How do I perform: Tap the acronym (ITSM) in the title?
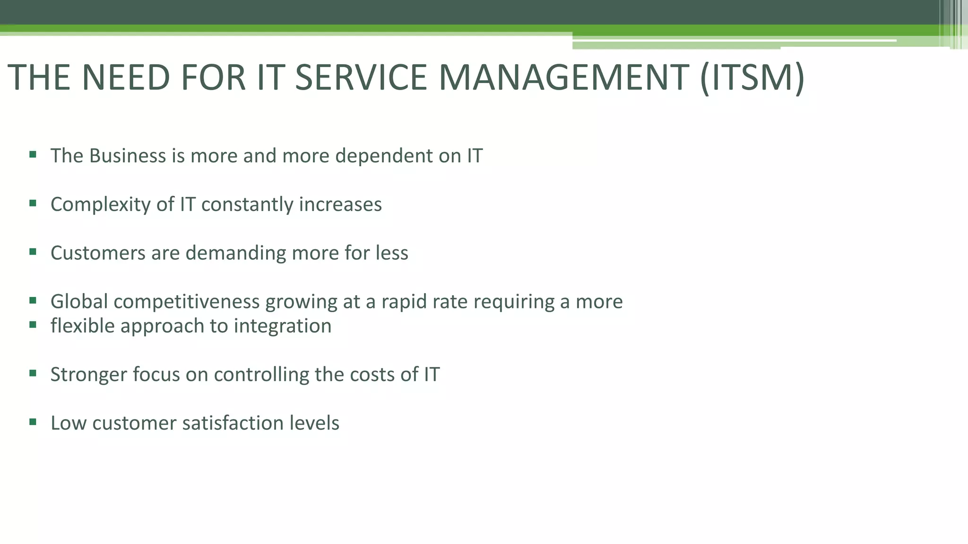click(752, 77)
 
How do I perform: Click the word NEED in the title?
click(126, 77)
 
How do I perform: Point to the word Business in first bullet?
click(127, 156)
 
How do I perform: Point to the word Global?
click(79, 301)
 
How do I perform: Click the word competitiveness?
click(187, 302)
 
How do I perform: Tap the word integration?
click(283, 326)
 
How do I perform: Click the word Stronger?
click(88, 375)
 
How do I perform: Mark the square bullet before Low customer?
click(33, 422)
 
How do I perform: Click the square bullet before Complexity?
click(33, 203)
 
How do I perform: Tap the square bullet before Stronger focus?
click(33, 373)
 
